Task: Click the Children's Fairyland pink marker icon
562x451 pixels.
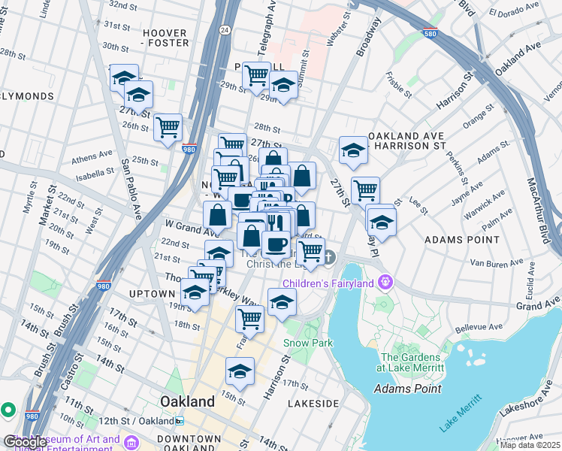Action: [386, 283]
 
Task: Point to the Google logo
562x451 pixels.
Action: [25, 442]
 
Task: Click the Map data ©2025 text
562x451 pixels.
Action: [530, 445]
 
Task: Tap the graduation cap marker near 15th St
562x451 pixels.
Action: [240, 371]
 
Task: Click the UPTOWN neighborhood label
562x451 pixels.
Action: [152, 293]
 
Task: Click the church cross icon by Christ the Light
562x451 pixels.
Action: [328, 258]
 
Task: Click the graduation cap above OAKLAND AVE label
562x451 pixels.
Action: [352, 150]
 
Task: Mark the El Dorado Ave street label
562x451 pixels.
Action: [514, 13]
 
